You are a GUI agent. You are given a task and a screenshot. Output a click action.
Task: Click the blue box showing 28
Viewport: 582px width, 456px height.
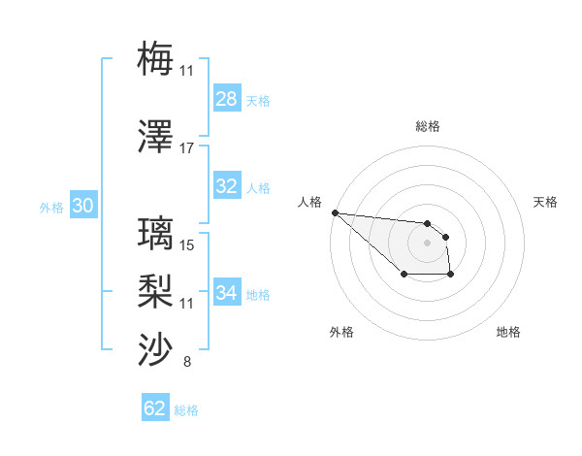[x=227, y=99]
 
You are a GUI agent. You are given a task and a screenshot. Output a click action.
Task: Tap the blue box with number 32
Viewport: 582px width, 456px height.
[x=227, y=186]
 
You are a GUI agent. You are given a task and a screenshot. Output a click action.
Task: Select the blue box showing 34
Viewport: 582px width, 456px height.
[x=227, y=293]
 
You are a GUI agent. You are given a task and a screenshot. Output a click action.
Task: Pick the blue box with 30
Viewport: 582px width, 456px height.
[x=82, y=206]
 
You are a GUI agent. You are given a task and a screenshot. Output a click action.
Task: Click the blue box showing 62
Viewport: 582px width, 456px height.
[x=155, y=408]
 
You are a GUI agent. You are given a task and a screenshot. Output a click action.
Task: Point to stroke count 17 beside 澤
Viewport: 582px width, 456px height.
[x=187, y=148]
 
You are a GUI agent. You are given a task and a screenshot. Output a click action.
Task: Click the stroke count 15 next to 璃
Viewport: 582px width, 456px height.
[x=187, y=245]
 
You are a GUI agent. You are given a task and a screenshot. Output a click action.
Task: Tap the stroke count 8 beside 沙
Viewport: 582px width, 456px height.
[x=187, y=363]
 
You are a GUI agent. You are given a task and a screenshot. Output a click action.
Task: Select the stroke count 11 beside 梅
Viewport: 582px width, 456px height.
[x=187, y=70]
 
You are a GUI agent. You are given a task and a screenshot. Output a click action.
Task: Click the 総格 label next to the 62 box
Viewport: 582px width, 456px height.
[x=186, y=410]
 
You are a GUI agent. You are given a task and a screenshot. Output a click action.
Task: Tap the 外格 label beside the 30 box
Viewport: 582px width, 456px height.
[x=51, y=207]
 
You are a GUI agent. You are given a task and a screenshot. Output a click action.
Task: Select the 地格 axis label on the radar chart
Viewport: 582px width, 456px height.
[x=508, y=332]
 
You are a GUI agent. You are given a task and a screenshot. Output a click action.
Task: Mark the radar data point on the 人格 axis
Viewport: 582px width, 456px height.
[x=335, y=212]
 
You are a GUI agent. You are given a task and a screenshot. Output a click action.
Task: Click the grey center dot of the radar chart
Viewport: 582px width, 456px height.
[x=427, y=242]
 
